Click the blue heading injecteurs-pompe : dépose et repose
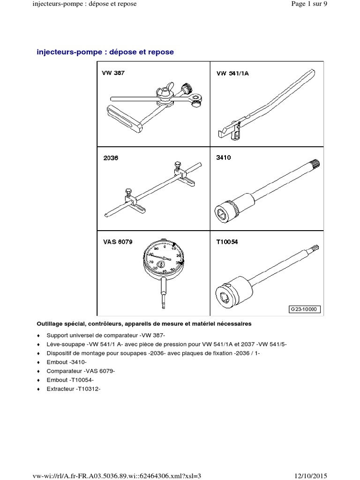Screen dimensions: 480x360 105,52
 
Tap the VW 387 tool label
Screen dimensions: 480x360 113,74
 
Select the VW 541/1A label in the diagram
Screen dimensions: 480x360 232,73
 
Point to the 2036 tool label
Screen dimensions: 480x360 111,158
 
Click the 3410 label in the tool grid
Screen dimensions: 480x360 223,158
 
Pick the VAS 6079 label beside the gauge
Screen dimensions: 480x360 118,242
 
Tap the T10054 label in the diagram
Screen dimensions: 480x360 227,242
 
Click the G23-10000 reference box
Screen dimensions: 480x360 304,309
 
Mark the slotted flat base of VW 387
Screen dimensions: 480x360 123,119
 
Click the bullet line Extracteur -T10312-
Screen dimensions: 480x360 74,389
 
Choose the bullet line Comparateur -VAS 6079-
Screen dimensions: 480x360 81,371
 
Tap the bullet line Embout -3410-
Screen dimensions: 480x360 67,362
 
